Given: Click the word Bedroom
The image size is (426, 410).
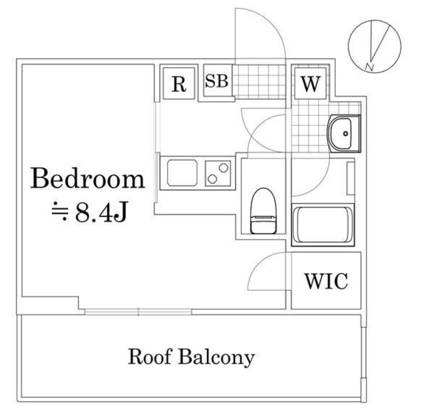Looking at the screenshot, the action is coord(87,178).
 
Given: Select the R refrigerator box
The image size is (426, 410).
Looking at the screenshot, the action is coord(179,83).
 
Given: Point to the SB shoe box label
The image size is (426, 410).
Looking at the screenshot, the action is coord(216,81).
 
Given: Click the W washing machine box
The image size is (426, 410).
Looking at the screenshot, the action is coord(311,83).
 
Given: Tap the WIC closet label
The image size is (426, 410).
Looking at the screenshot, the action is coord(326,281).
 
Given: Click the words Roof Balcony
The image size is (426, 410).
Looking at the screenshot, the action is coord(191,357).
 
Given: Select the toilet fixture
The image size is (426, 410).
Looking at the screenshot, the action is coord(264,211).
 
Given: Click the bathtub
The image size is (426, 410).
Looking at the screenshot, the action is coord(323,225).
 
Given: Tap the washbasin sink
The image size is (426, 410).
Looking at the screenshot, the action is coord(343,133).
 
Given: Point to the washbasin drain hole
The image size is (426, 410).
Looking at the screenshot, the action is coord(345,133).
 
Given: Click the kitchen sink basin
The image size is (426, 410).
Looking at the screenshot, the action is coord(182,173).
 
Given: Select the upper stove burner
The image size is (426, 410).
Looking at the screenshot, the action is coord(224,168).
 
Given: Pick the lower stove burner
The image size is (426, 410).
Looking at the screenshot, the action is coord(212,179).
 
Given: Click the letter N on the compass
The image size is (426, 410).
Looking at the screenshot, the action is coord(369,67).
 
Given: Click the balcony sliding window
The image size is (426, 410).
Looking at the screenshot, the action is coord(138,311).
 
